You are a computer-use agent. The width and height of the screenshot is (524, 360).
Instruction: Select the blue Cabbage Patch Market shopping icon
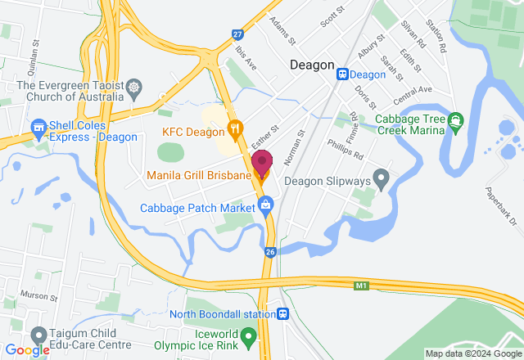(x=265, y=208)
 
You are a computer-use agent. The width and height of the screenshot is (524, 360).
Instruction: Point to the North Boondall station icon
(x=282, y=313)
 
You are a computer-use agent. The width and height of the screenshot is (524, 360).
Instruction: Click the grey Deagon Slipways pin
(x=380, y=176)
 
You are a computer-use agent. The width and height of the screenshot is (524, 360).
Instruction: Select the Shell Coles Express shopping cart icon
(x=38, y=128)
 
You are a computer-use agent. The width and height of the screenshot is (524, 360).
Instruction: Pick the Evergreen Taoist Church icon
(x=133, y=86)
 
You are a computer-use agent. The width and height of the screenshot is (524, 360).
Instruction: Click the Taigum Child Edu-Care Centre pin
(x=38, y=335)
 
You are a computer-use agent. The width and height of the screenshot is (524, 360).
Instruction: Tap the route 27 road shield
(x=237, y=34)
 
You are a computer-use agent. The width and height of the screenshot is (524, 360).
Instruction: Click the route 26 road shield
(x=270, y=252)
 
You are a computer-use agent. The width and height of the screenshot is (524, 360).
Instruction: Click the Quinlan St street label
(x=34, y=53)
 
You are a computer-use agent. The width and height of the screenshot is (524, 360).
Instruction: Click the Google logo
(x=27, y=350)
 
